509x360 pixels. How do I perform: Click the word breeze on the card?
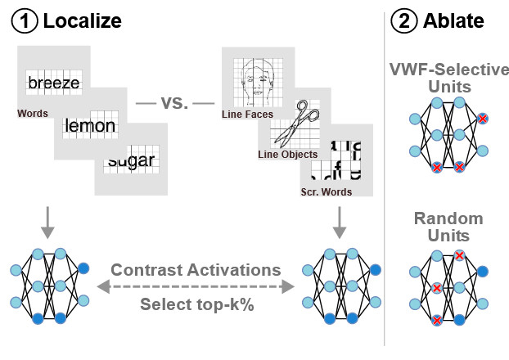[54, 83]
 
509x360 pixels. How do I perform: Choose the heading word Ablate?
[454, 21]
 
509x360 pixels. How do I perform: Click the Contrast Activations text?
[196, 269]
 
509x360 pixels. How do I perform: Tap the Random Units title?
[448, 227]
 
